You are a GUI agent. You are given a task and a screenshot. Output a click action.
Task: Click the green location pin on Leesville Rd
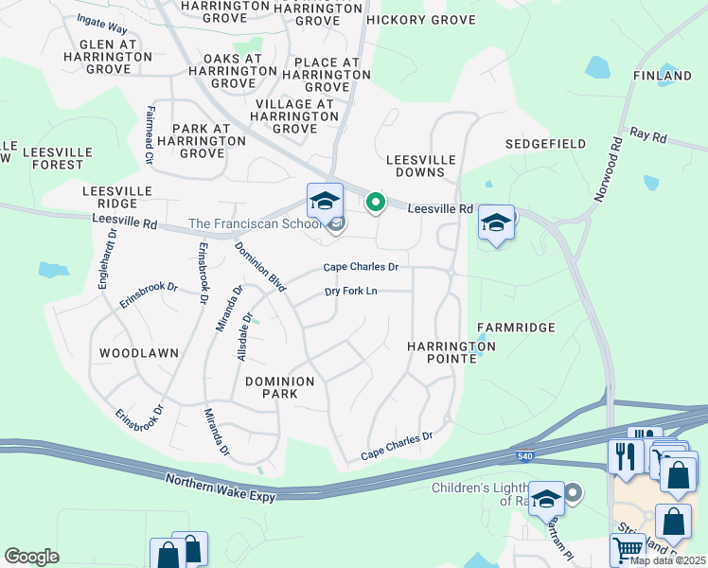[x=375, y=203]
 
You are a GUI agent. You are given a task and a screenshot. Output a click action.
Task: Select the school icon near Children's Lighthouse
[x=546, y=498]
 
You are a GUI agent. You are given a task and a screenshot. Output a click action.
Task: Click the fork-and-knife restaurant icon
[x=625, y=455]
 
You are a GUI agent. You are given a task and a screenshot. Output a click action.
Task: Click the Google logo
[x=31, y=557]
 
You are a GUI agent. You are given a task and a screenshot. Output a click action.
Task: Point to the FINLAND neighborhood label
[x=663, y=76]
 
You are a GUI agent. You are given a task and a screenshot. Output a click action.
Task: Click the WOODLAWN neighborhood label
[x=138, y=353]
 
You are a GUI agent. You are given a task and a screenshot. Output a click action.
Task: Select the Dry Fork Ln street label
[x=351, y=291]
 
